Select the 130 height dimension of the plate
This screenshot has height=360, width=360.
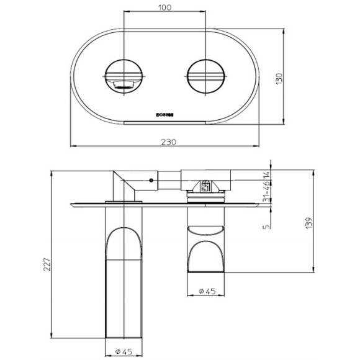(280, 79)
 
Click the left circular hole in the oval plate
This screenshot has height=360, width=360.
(125, 78)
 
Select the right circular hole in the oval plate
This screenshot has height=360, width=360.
(205, 78)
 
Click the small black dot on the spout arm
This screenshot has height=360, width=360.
(151, 181)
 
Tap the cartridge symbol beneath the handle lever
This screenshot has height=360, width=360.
(205, 186)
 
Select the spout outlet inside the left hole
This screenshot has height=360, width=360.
(124, 84)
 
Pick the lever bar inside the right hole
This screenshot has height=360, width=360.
(205, 77)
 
